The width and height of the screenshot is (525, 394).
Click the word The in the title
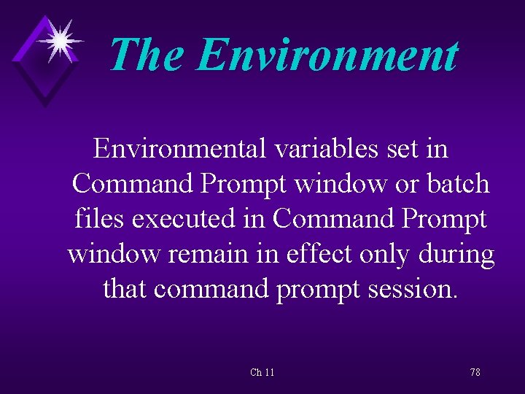pos(147,55)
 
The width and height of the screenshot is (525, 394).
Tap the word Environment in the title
pos(327,55)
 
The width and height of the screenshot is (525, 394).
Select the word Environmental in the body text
pos(180,149)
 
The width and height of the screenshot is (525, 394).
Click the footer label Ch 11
pos(262,373)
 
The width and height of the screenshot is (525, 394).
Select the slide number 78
pos(475,373)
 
